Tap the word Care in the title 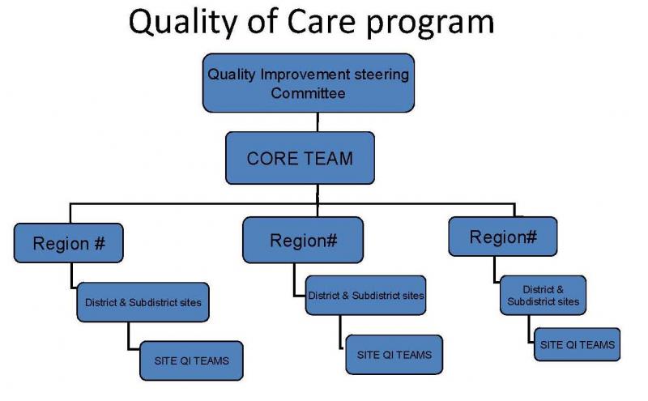click(x=322, y=22)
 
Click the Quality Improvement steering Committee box click(x=309, y=83)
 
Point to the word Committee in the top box click(x=308, y=93)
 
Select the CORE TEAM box click(x=300, y=158)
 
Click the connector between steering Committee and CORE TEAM click(x=318, y=122)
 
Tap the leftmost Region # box click(x=69, y=243)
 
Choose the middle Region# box click(x=303, y=240)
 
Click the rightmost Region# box click(x=503, y=237)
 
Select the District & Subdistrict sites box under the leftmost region click(x=143, y=302)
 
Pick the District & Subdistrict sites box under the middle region click(x=366, y=295)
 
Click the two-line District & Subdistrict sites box click(x=543, y=295)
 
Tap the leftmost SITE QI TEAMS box click(x=192, y=361)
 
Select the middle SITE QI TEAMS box click(x=394, y=355)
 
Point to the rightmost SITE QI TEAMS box click(x=578, y=345)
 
